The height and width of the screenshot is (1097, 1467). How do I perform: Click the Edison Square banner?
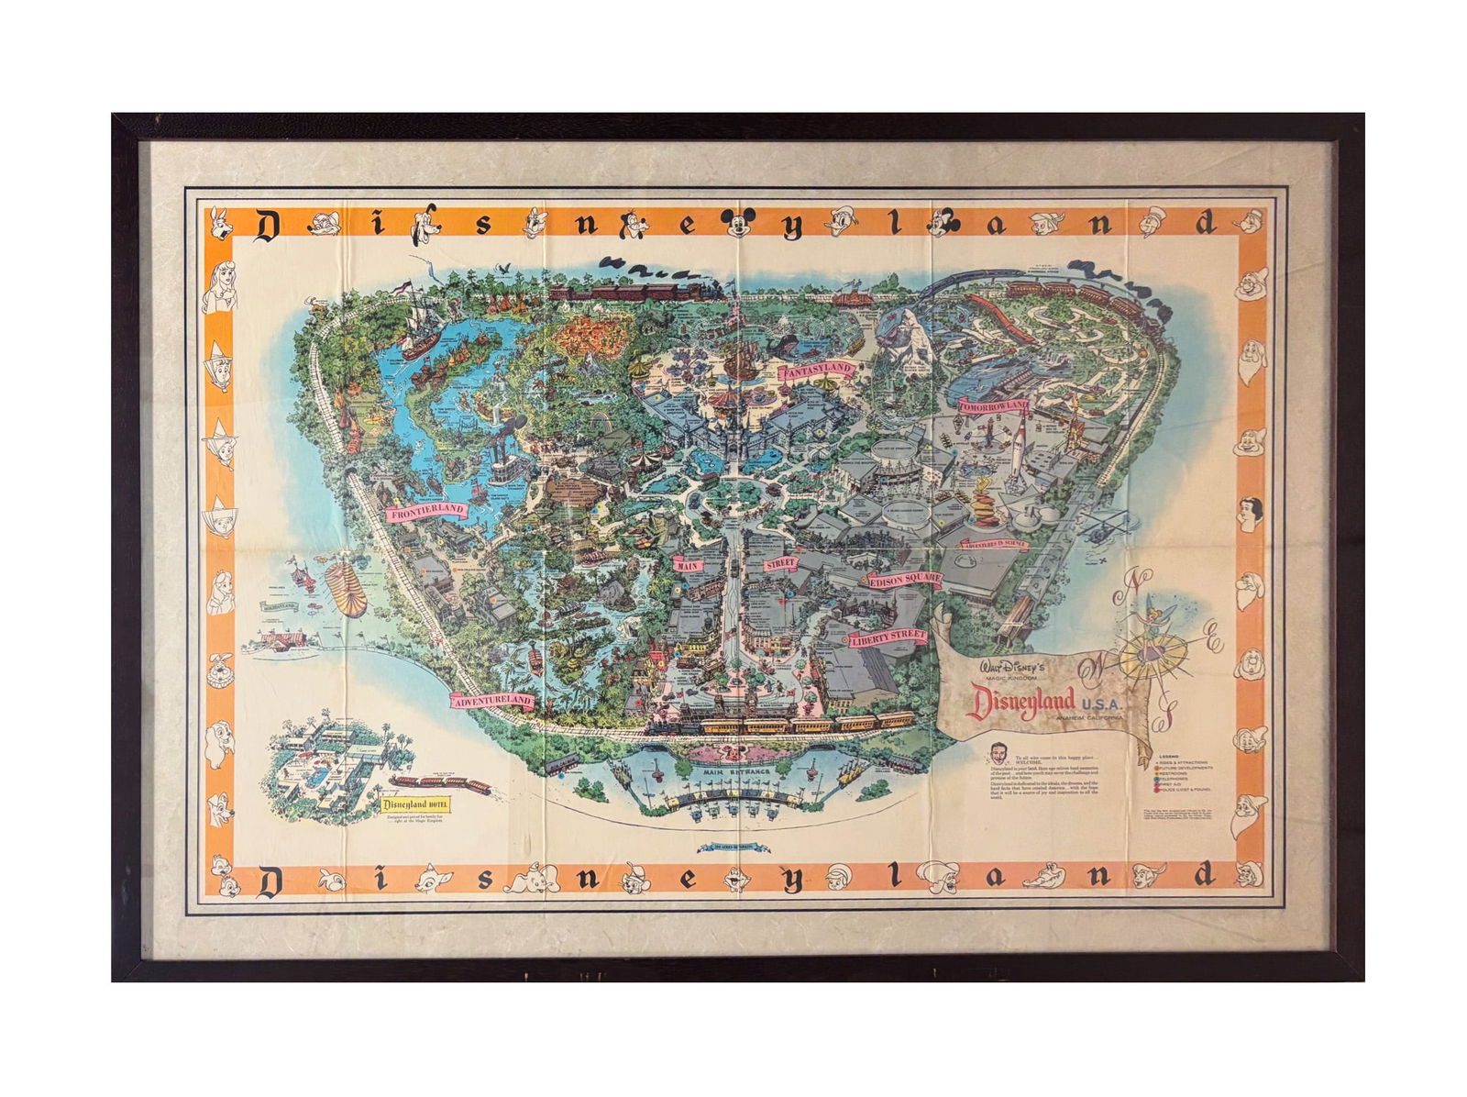pos(904,580)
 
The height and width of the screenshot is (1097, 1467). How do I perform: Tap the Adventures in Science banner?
pos(994,544)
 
